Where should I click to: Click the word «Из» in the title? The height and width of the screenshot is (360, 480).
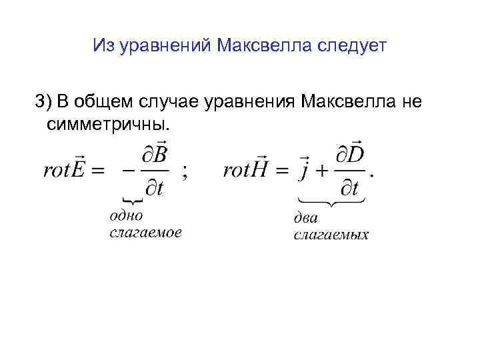click(x=105, y=46)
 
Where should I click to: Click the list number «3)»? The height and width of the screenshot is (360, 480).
click(x=43, y=101)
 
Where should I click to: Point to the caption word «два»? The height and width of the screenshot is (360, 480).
click(x=307, y=218)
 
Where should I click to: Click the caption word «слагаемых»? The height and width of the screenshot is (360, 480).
click(x=331, y=235)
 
